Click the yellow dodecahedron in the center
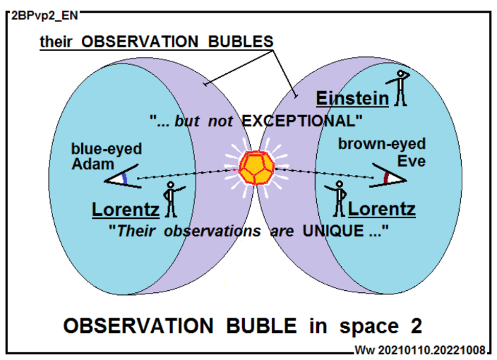coord(257,168)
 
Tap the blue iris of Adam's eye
coord(125,179)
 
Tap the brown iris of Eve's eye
coord(386,179)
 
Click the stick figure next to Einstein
coord(399,88)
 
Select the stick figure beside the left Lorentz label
coord(172,199)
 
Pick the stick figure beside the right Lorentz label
coord(337,198)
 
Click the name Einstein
coord(352,98)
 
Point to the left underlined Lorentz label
coord(126,210)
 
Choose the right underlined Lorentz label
coord(382,209)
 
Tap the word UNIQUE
coord(333,231)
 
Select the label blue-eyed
coord(107,149)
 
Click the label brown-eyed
coord(382,143)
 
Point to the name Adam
coord(93,164)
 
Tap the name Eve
coord(412,161)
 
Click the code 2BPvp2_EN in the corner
coord(44,16)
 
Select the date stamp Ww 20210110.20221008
coord(420,350)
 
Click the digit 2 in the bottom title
coord(417,326)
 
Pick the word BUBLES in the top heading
coord(241,42)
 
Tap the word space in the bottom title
coord(369,327)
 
